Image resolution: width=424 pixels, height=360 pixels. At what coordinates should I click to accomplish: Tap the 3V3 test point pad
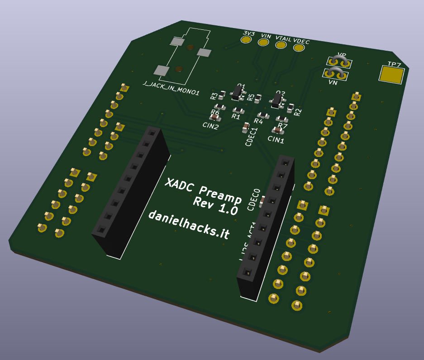(x=246, y=40)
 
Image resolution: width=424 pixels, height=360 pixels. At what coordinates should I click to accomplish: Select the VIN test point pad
(x=263, y=43)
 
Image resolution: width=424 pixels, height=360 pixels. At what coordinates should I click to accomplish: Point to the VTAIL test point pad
(x=281, y=44)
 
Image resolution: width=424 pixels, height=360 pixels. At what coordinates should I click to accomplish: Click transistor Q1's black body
(x=236, y=94)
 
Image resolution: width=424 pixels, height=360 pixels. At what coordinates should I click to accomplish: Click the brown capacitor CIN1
(x=277, y=131)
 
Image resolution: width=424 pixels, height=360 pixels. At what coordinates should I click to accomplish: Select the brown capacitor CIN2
(x=217, y=118)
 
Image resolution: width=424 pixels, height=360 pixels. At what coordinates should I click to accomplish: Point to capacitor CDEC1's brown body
(x=246, y=127)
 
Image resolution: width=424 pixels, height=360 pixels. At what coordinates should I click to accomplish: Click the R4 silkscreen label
(x=258, y=121)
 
